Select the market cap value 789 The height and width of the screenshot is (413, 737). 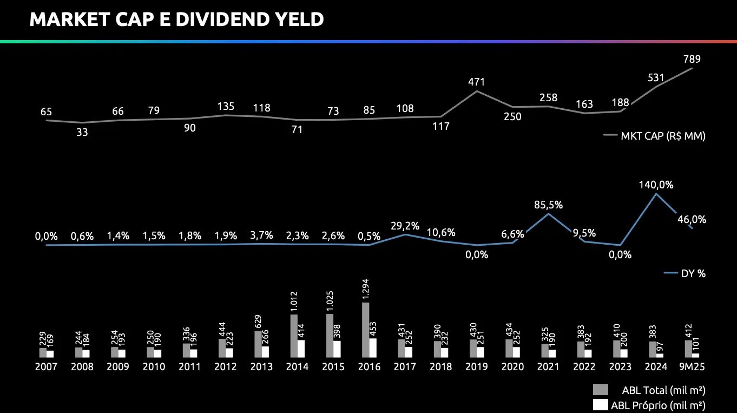click(x=692, y=59)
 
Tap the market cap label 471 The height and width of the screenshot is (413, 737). click(x=476, y=82)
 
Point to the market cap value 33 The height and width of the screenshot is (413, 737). click(x=82, y=132)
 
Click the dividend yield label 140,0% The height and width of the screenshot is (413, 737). click(x=657, y=185)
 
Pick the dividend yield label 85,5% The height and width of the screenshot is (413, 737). click(x=548, y=205)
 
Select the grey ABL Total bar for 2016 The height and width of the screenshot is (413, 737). click(x=366, y=330)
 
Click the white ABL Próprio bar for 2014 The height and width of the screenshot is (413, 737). click(x=301, y=349)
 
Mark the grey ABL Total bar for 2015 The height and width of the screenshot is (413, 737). click(x=330, y=336)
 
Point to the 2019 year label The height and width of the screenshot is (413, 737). click(x=477, y=367)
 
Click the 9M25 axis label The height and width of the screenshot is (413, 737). click(x=692, y=367)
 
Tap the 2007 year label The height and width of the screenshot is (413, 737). click(x=46, y=367)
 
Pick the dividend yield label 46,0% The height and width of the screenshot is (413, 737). click(x=692, y=219)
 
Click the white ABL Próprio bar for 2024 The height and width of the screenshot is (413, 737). click(x=660, y=355)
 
